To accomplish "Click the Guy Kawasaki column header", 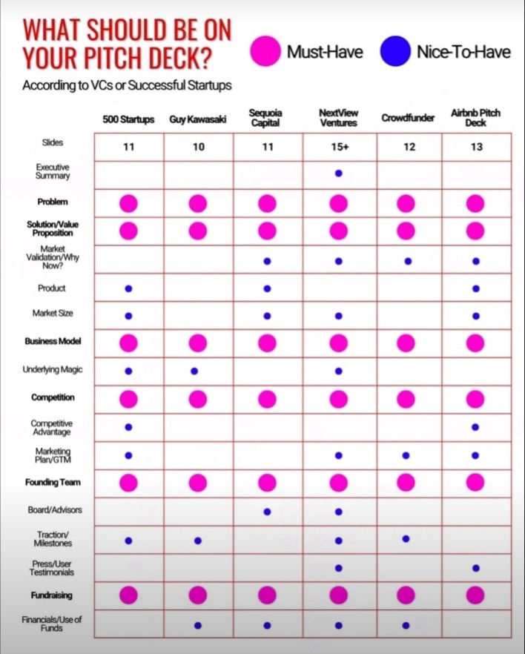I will (x=197, y=119).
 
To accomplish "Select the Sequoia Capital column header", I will (x=267, y=119).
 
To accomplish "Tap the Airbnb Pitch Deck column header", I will (x=476, y=118).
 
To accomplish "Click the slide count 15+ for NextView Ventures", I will (x=338, y=147).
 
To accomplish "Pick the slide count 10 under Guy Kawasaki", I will (x=197, y=147).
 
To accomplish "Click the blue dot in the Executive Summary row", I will (x=338, y=174).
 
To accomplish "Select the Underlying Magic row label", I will (x=53, y=369).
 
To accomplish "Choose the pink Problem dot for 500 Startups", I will (x=128, y=202).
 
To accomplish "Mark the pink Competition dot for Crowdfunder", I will (x=406, y=399).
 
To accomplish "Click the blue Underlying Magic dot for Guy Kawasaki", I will (x=194, y=371).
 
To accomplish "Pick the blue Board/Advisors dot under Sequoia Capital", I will (x=267, y=511).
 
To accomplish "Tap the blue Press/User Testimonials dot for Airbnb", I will (x=476, y=568).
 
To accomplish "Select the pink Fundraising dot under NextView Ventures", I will (x=338, y=595).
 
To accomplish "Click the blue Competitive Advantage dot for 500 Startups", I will (x=128, y=427).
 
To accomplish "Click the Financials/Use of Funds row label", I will (x=53, y=624).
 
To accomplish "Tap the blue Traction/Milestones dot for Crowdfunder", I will (x=406, y=538).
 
